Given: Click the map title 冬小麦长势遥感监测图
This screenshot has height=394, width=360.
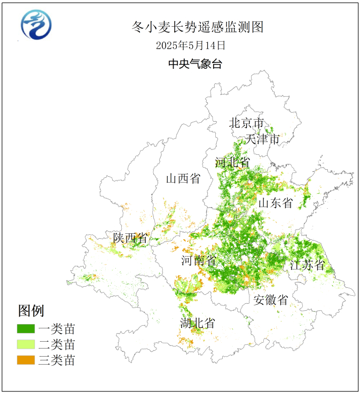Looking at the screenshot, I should pyautogui.click(x=198, y=27).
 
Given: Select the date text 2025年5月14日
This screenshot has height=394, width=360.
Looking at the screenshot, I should pyautogui.click(x=191, y=45).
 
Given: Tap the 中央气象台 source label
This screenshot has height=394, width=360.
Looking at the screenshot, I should pyautogui.click(x=195, y=64).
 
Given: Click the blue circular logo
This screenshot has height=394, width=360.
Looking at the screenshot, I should pyautogui.click(x=36, y=25).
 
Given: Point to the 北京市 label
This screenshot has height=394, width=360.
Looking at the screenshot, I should pyautogui.click(x=247, y=123).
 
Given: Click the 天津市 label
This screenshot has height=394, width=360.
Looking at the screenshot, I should pyautogui.click(x=262, y=139).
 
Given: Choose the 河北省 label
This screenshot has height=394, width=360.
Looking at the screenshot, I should pyautogui.click(x=232, y=162).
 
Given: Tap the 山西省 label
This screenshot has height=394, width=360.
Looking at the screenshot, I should pyautogui.click(x=183, y=178).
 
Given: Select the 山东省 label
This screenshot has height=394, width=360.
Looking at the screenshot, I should pyautogui.click(x=276, y=203).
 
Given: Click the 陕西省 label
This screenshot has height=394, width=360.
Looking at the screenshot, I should pyautogui.click(x=130, y=238).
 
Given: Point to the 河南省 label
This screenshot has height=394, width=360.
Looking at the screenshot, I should pyautogui.click(x=199, y=261).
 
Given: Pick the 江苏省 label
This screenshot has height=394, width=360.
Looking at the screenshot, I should pyautogui.click(x=307, y=265).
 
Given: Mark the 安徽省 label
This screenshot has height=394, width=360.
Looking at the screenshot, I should pyautogui.click(x=271, y=300).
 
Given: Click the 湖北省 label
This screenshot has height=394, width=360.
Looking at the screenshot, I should pyautogui.click(x=198, y=323).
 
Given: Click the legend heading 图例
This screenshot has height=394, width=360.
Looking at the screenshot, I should pyautogui.click(x=31, y=310).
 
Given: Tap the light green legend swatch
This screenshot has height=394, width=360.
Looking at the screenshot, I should pyautogui.click(x=26, y=344).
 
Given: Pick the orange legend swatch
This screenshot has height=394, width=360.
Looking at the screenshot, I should pyautogui.click(x=26, y=360).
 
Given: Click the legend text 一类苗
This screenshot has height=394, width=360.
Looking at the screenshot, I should pyautogui.click(x=57, y=328).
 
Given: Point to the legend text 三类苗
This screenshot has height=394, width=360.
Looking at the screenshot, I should pyautogui.click(x=57, y=360).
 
